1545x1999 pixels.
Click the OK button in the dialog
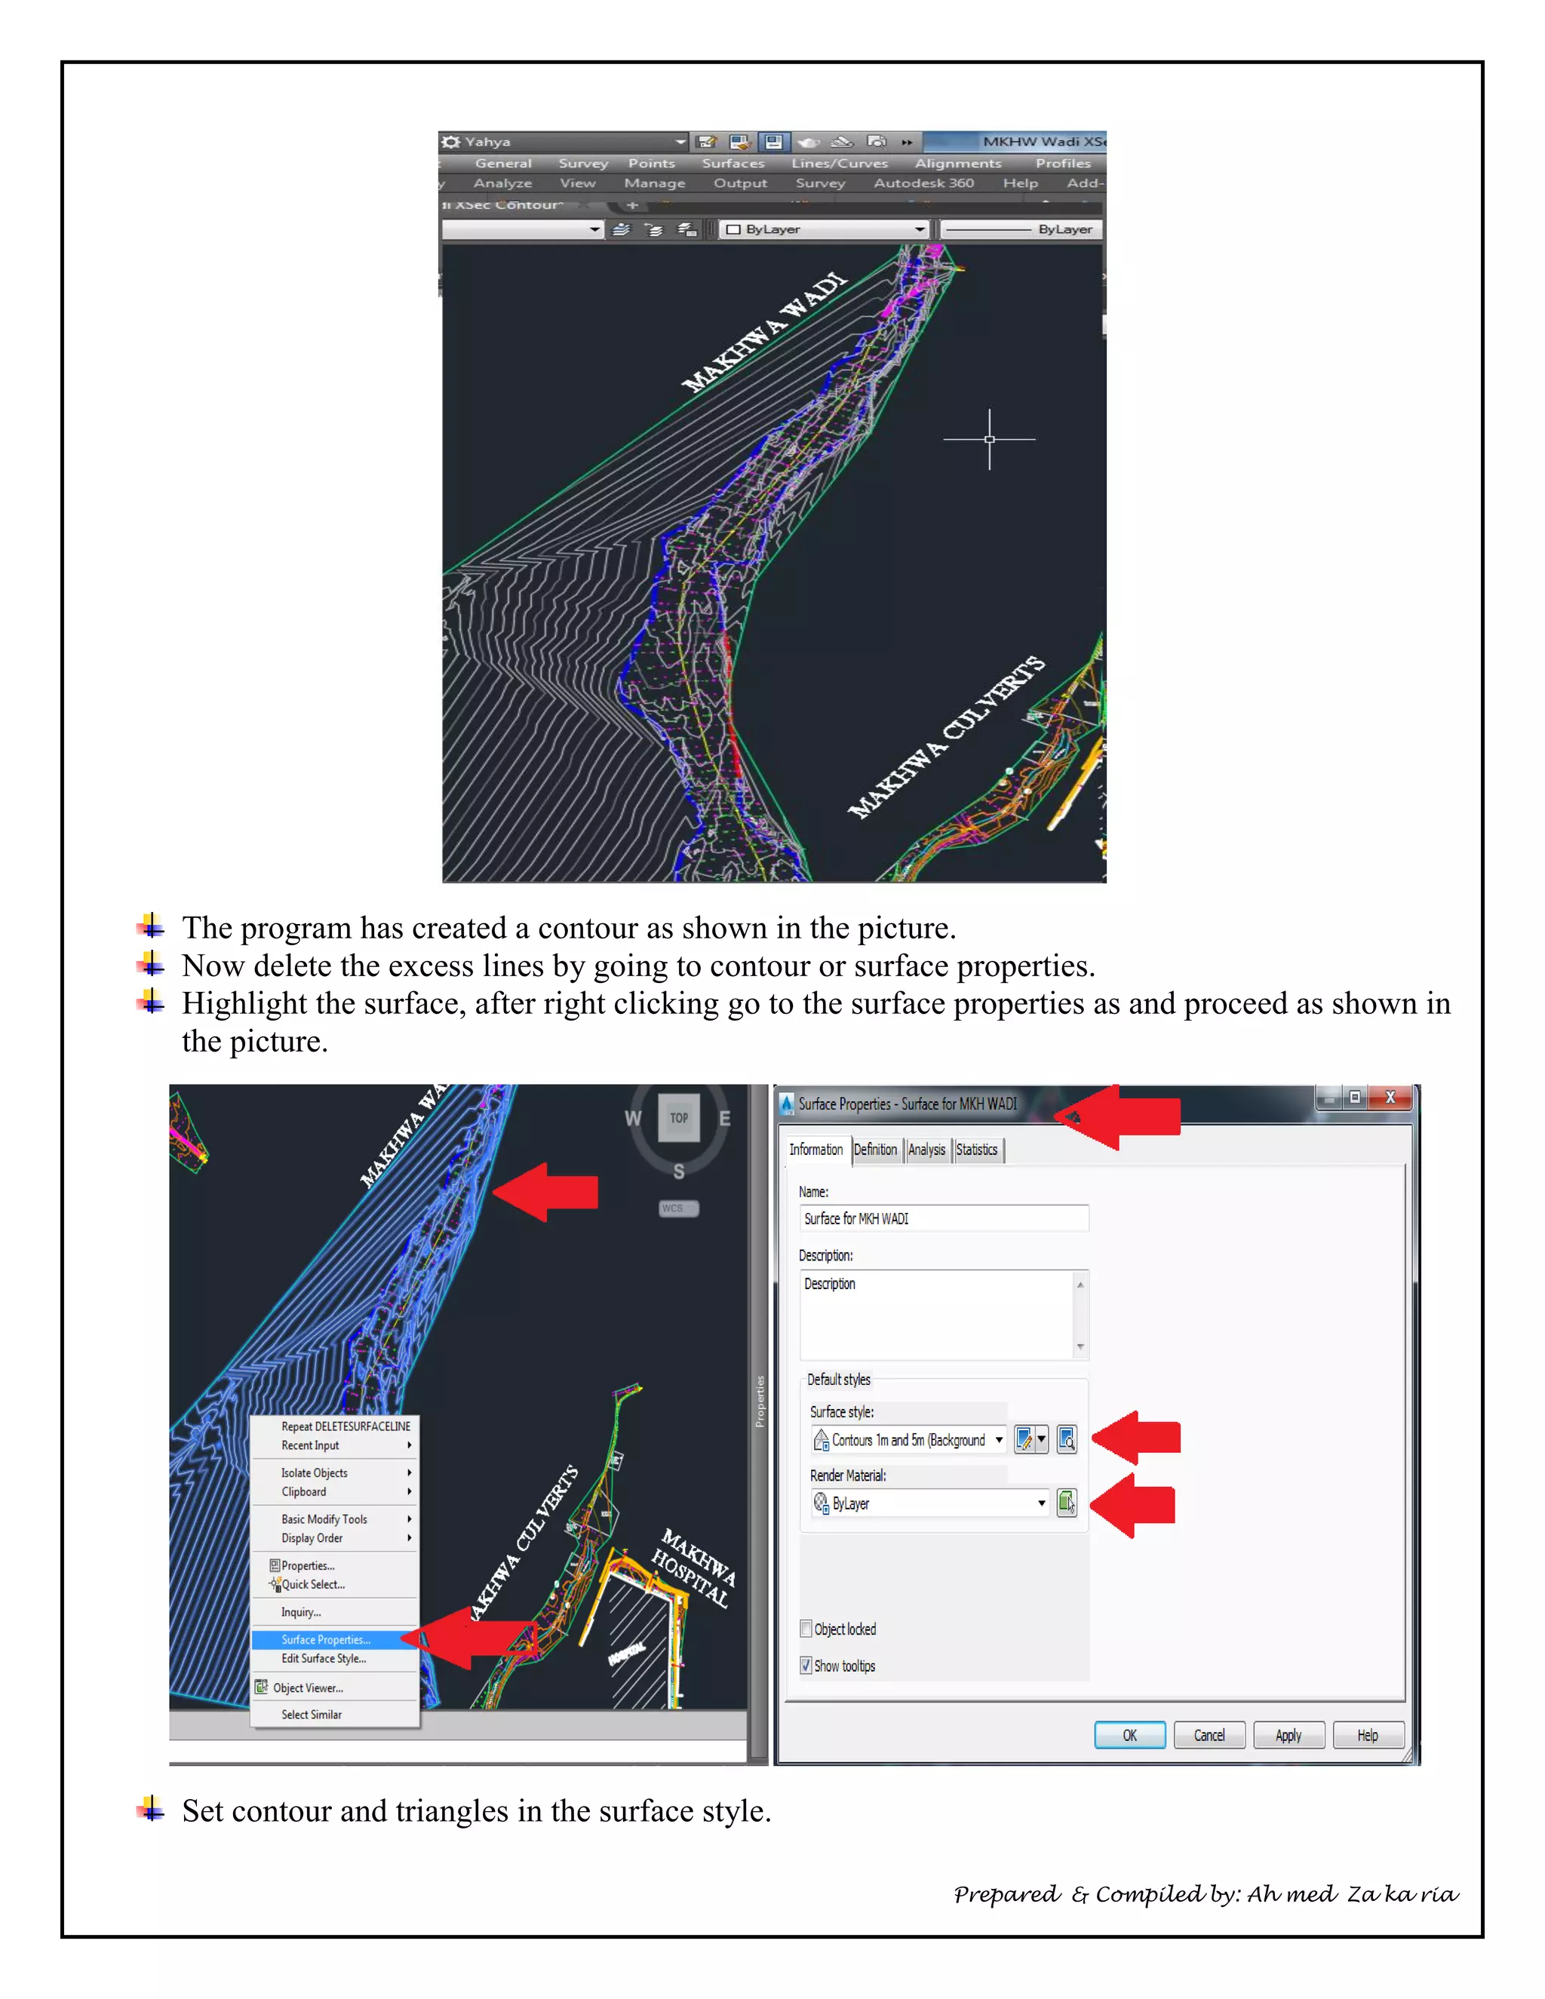point(1129,1736)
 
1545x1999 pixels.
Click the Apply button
point(1288,1736)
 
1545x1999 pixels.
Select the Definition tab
point(875,1150)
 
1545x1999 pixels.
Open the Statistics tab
point(977,1150)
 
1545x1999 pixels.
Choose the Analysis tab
point(926,1150)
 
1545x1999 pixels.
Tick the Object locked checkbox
point(806,1629)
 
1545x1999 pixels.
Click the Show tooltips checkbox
point(806,1665)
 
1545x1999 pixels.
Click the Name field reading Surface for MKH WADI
point(943,1218)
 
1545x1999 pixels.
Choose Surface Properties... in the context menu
point(326,1639)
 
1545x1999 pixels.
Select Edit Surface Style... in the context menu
point(323,1659)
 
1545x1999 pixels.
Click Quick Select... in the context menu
point(313,1584)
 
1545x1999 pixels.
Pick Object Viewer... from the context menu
point(308,1687)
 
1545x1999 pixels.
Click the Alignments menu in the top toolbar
point(958,163)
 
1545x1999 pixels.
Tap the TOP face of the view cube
point(678,1118)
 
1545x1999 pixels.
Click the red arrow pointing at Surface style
point(1138,1437)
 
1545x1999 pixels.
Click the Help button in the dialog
point(1368,1736)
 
